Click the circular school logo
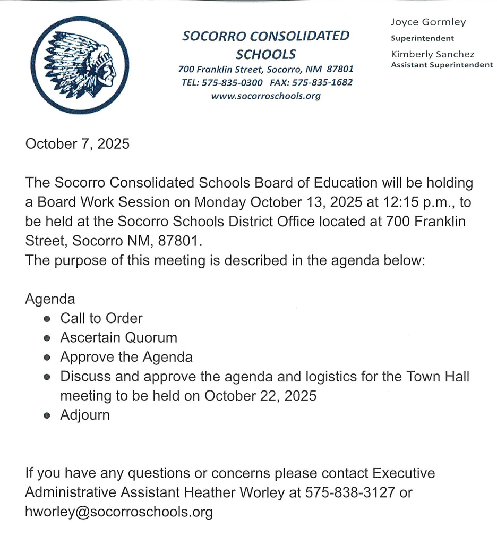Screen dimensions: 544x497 click(80, 65)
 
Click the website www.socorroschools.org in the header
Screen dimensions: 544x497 click(265, 96)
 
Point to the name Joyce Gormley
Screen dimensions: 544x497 click(428, 22)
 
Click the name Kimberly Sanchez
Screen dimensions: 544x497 click(432, 54)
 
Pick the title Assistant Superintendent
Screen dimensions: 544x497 click(442, 65)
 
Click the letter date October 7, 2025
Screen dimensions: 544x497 click(78, 144)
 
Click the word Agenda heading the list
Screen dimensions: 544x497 click(50, 299)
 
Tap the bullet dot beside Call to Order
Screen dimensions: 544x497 click(47, 319)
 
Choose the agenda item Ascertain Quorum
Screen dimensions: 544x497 click(118, 337)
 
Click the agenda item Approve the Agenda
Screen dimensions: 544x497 click(126, 357)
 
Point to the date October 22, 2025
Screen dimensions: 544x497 click(260, 396)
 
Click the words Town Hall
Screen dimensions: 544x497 click(438, 377)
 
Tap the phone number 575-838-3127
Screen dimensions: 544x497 click(350, 492)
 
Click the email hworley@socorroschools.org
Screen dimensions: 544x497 click(119, 512)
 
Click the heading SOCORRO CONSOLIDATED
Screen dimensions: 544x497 click(265, 36)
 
